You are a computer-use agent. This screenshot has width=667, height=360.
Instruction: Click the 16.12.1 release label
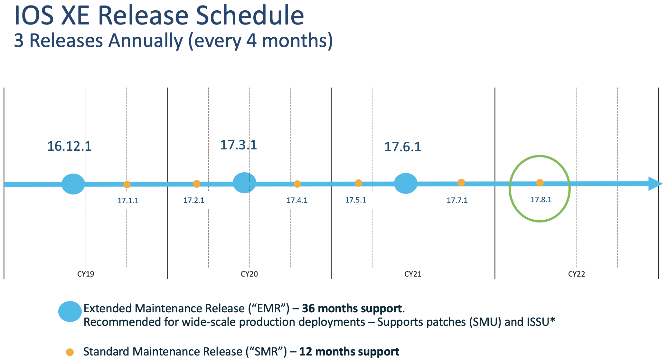[x=69, y=146]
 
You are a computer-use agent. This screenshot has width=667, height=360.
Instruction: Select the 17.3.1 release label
[x=239, y=145]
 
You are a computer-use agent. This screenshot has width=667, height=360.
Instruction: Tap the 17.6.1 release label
[x=403, y=147]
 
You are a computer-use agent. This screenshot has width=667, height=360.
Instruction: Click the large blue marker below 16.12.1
[x=73, y=184]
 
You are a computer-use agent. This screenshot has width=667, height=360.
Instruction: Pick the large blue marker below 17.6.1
[x=406, y=184]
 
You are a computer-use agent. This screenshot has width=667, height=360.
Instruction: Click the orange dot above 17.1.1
[x=127, y=185]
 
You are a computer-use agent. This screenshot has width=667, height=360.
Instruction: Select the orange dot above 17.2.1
[x=197, y=184]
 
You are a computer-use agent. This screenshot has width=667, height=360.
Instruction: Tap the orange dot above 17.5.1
[x=359, y=183]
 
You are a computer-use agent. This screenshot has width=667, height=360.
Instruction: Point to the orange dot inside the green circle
[x=540, y=183]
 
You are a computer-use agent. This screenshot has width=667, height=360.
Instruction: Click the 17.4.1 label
[x=297, y=200]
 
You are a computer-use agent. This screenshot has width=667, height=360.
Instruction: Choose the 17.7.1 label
[x=457, y=200]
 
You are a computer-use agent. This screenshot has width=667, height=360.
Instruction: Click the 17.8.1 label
[x=541, y=200]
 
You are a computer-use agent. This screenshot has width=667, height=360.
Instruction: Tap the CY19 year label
[x=86, y=274]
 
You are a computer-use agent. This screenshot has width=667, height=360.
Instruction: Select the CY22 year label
[x=577, y=274]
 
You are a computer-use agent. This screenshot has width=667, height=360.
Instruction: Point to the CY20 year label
[x=249, y=274]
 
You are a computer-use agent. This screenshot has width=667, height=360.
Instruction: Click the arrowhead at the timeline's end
[x=655, y=184]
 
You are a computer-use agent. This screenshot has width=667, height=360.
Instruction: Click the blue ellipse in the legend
[x=70, y=311]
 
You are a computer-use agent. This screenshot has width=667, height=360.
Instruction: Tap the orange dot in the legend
[x=70, y=352]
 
